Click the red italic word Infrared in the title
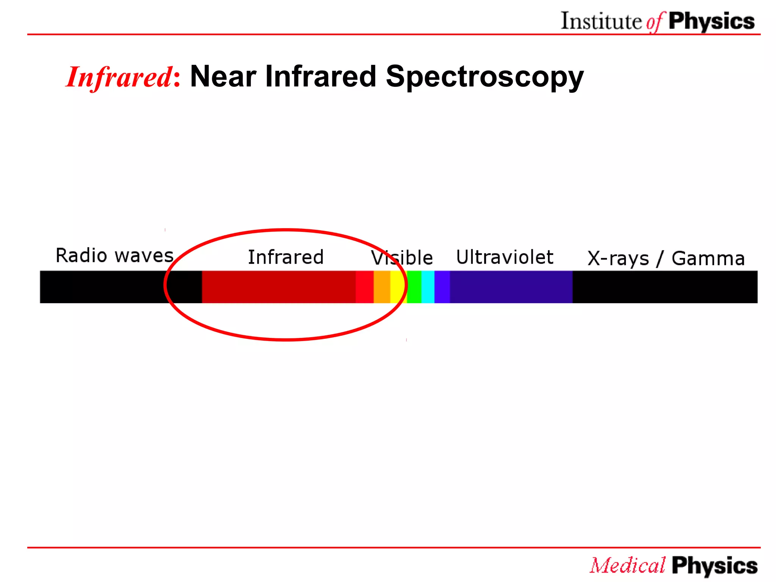click(119, 77)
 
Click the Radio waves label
click(114, 255)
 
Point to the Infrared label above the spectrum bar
click(286, 257)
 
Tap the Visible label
click(402, 258)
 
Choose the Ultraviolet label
click(504, 257)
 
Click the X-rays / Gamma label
click(666, 259)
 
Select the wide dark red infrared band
click(278, 287)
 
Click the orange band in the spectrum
click(382, 287)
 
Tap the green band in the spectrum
click(414, 287)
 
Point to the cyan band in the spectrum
click(428, 287)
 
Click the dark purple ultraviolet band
click(511, 287)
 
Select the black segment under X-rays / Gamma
click(665, 287)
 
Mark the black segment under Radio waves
click(102, 287)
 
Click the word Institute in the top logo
click(601, 21)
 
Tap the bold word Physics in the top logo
click(711, 22)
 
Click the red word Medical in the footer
click(627, 566)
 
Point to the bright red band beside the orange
click(365, 287)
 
